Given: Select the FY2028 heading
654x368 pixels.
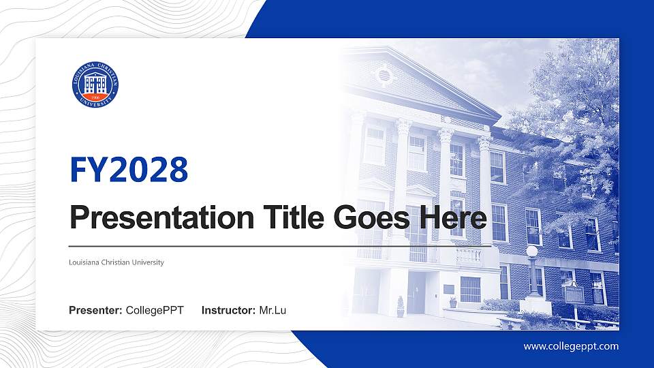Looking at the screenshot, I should pyautogui.click(x=129, y=170).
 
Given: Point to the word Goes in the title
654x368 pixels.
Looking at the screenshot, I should pyautogui.click(x=369, y=218).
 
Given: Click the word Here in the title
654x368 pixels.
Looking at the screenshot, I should pyautogui.click(x=454, y=218).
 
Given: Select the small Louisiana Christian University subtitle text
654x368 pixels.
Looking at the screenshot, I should pyautogui.click(x=116, y=262).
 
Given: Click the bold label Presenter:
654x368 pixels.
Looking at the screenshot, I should pyautogui.click(x=95, y=311).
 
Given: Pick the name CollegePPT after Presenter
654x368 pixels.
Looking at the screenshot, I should pyautogui.click(x=155, y=311).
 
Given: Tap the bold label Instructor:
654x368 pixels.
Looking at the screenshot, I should pyautogui.click(x=229, y=311).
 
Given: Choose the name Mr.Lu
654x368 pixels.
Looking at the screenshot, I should pyautogui.click(x=272, y=311).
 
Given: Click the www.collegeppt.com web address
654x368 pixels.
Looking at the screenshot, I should pyautogui.click(x=571, y=346).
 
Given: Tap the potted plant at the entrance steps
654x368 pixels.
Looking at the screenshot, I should pyautogui.click(x=400, y=307).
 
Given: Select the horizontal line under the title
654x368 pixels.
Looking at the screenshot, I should pyautogui.click(x=279, y=245).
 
